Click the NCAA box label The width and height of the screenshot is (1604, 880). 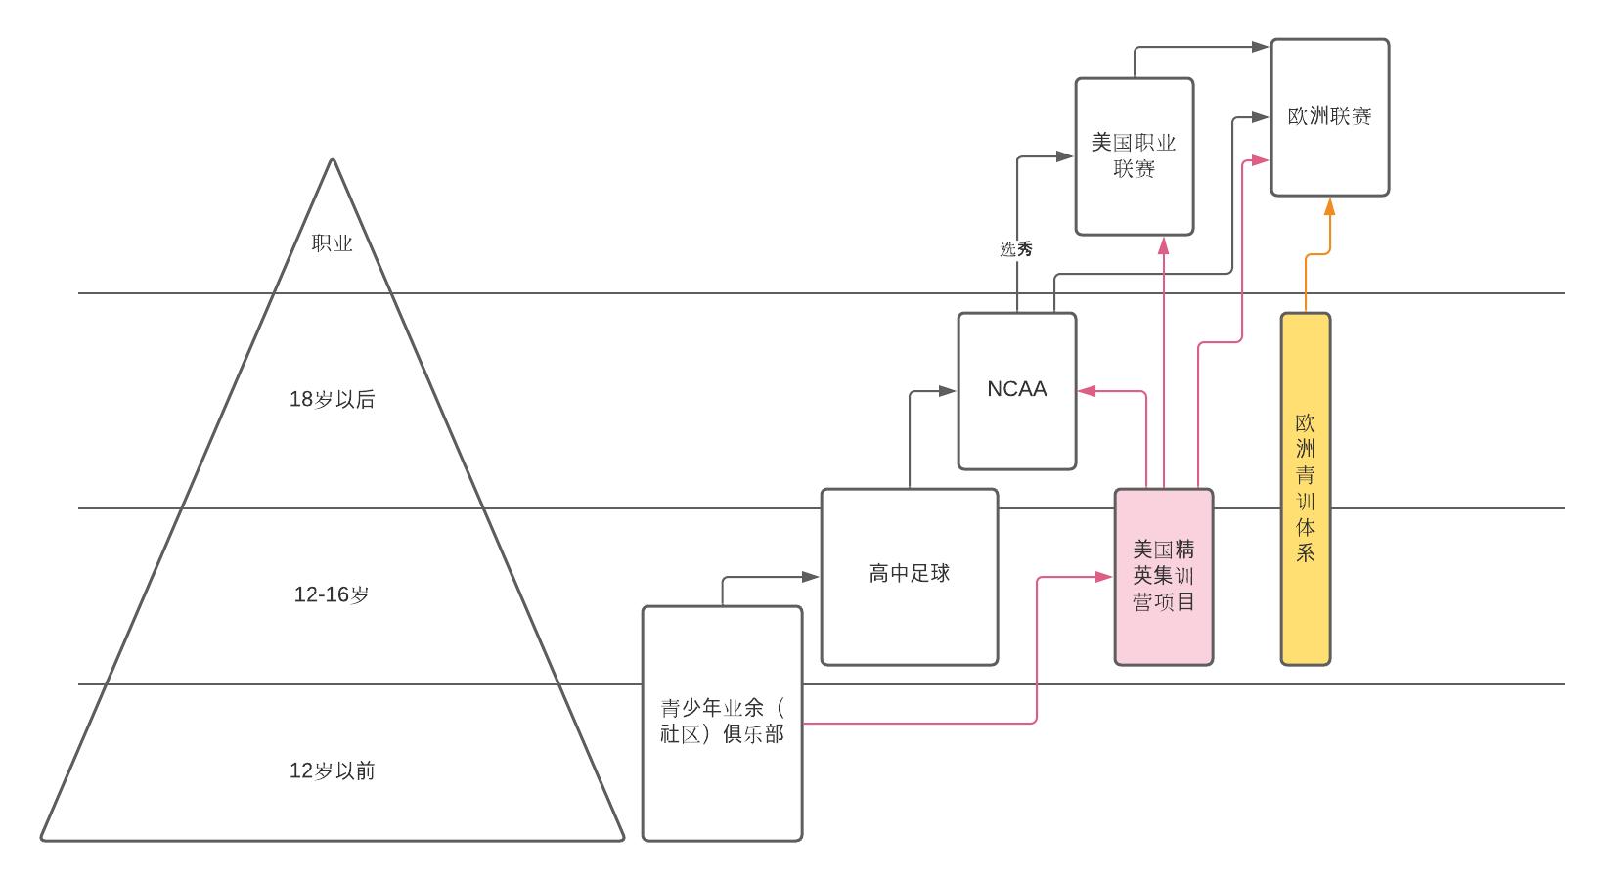click(x=1016, y=389)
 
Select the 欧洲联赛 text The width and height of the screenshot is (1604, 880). click(x=1329, y=116)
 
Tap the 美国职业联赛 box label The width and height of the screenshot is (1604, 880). click(x=1134, y=156)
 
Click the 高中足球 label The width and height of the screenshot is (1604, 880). click(x=909, y=574)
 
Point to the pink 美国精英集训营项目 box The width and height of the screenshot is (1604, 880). click(x=1163, y=577)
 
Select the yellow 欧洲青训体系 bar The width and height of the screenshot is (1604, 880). click(x=1305, y=489)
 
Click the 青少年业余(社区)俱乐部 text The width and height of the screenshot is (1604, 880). click(x=722, y=722)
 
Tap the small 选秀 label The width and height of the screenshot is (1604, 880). click(x=1016, y=250)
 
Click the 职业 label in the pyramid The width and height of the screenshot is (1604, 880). click(x=332, y=244)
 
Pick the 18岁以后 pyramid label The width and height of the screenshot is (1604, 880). click(x=332, y=400)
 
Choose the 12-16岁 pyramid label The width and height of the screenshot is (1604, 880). click(x=332, y=594)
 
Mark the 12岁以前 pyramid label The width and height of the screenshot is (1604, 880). click(x=332, y=771)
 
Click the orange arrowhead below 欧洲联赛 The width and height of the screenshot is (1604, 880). click(x=1329, y=206)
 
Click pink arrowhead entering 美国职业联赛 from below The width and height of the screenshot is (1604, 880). click(x=1163, y=245)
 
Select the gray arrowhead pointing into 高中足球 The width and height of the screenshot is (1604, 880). click(x=811, y=577)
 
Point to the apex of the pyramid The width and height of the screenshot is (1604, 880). click(x=333, y=161)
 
